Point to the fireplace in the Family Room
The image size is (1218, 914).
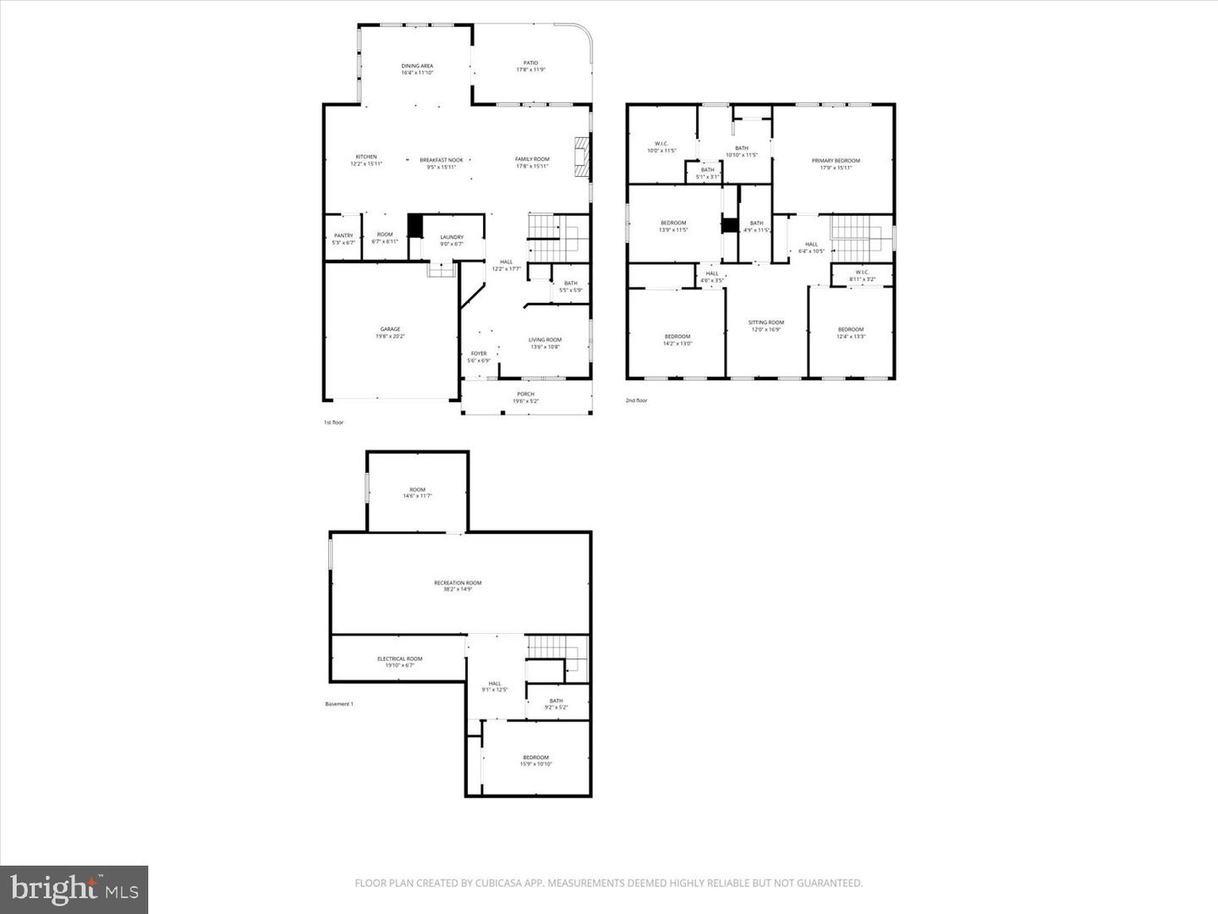coord(580,157)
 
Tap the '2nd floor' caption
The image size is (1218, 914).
coord(636,400)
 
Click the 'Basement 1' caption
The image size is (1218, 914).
coord(339,703)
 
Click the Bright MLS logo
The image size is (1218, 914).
coord(74,889)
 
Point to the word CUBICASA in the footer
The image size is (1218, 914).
coord(509,884)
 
